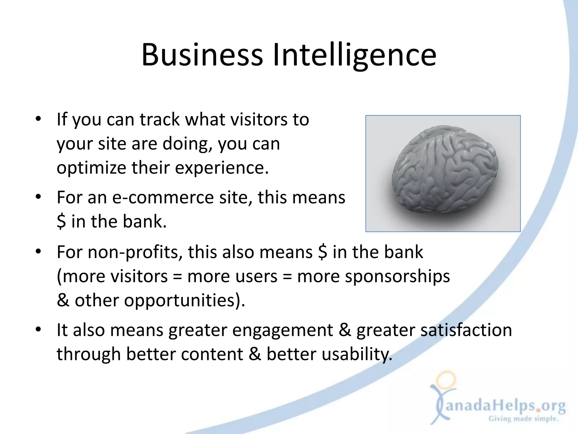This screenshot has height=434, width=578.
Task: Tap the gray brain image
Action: click(x=443, y=173)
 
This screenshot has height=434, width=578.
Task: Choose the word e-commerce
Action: click(x=163, y=198)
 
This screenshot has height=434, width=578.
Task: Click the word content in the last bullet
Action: click(x=212, y=354)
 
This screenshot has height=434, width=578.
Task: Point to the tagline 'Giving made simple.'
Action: click(x=524, y=419)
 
